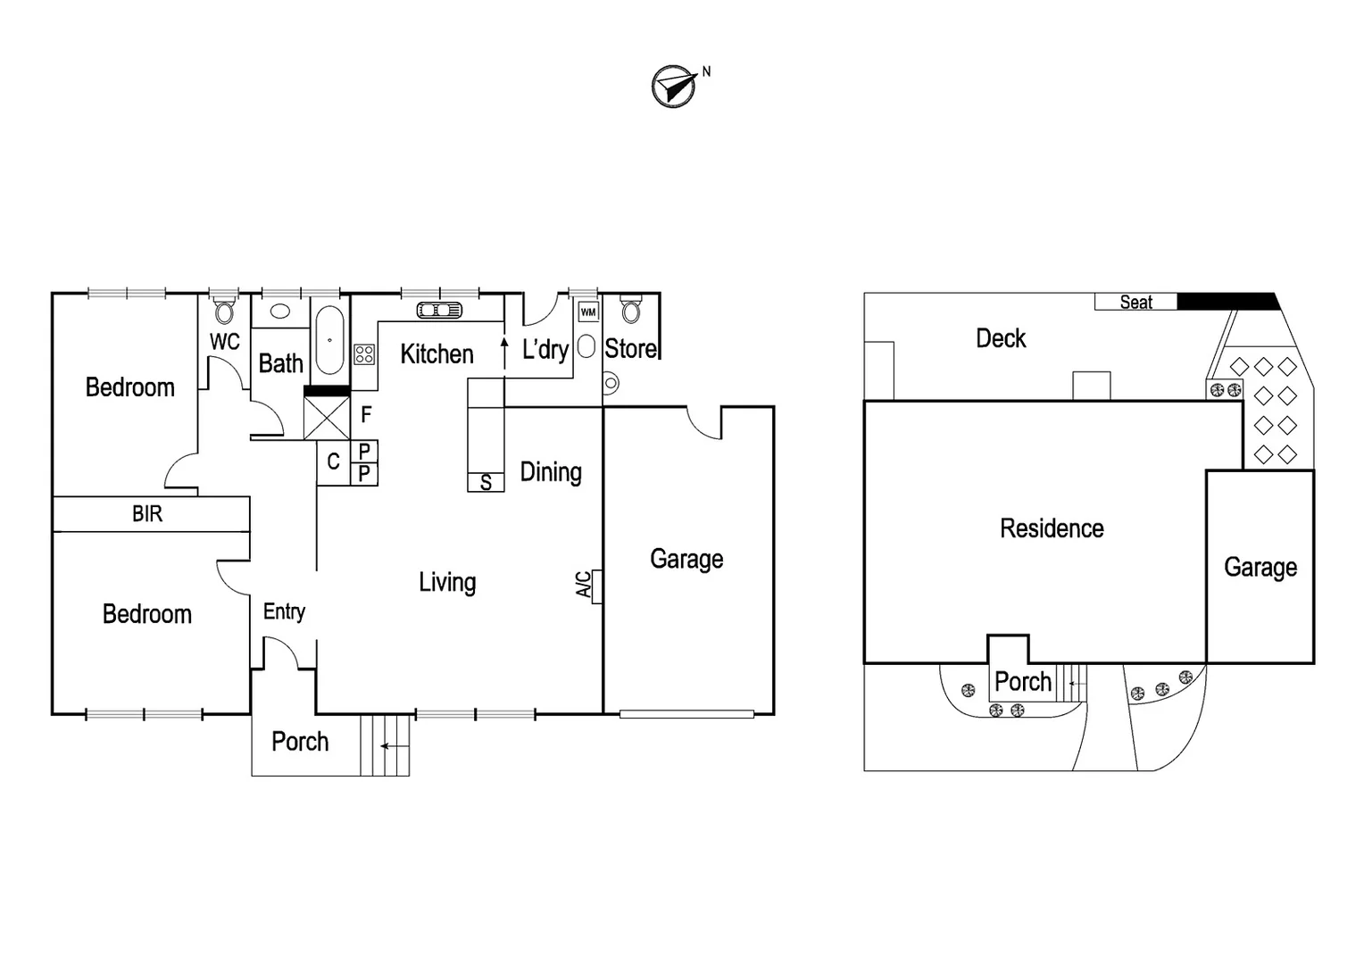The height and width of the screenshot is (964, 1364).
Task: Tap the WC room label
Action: (225, 342)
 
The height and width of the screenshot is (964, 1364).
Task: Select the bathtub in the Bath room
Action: (329, 341)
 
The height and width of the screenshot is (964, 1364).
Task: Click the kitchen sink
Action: (439, 311)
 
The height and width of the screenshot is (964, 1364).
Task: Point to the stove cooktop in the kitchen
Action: (364, 354)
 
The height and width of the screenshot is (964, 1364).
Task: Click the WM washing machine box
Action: (588, 312)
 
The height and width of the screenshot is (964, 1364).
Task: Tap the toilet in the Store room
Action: (631, 310)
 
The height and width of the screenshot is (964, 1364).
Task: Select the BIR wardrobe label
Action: (147, 514)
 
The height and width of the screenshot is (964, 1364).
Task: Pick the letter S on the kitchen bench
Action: (486, 483)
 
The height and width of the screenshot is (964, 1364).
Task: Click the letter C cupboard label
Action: (333, 461)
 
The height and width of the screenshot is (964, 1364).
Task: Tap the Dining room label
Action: (551, 472)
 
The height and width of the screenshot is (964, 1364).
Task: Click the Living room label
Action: (447, 583)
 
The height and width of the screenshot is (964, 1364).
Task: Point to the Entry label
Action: (284, 611)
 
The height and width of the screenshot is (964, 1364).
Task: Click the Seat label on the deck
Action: (1135, 303)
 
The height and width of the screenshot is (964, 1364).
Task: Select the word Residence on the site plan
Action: (1052, 528)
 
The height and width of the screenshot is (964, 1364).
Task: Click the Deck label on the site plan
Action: (1001, 338)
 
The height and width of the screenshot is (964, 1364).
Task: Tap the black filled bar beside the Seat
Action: (1227, 302)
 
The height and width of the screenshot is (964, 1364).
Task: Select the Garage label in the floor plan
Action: (686, 559)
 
